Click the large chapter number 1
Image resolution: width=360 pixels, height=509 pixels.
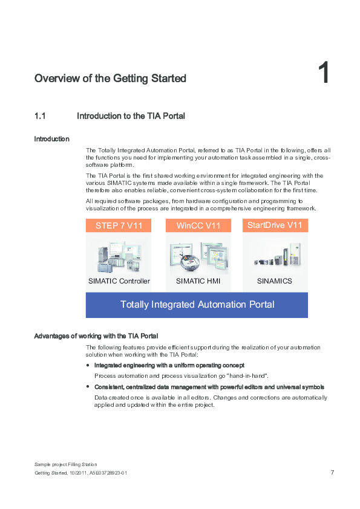(x=324, y=74)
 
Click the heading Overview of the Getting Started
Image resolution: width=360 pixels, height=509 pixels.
(x=110, y=79)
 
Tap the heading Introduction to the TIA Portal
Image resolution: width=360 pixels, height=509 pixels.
(x=131, y=115)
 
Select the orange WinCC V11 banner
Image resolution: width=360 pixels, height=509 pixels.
(x=198, y=226)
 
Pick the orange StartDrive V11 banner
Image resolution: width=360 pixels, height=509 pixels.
(x=275, y=225)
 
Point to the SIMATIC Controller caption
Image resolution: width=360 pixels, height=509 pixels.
(x=119, y=281)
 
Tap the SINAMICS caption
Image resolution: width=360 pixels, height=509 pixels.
(x=275, y=281)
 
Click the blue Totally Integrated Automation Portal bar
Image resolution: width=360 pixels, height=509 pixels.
(x=197, y=305)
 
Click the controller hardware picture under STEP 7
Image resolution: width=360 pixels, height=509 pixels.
(x=119, y=256)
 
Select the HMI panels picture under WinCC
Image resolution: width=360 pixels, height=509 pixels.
(x=198, y=255)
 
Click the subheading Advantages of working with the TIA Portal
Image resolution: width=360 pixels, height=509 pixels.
(x=96, y=336)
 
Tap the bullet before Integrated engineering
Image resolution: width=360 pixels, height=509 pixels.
(x=88, y=366)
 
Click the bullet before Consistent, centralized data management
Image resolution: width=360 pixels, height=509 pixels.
(x=88, y=387)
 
